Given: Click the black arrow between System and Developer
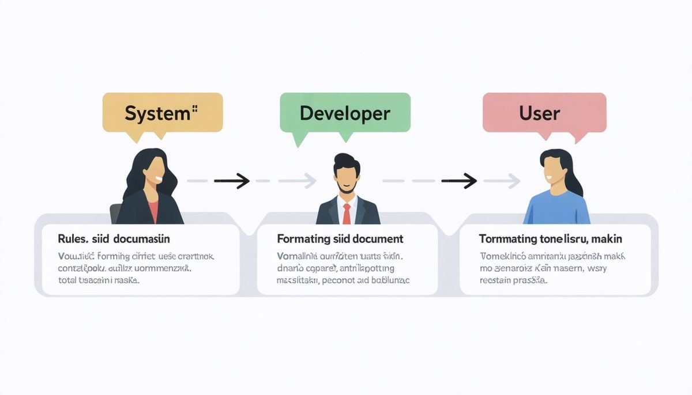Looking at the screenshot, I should click(x=232, y=181).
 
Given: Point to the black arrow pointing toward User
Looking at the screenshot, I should click(x=460, y=181).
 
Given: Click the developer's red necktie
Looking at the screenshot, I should click(x=346, y=213).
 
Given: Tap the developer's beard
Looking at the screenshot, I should click(x=346, y=187).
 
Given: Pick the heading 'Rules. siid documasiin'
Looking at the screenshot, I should click(x=114, y=238).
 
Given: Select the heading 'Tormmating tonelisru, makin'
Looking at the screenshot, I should click(x=550, y=238).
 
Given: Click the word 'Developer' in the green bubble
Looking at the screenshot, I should click(x=345, y=113).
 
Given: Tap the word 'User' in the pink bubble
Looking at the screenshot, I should click(x=539, y=113).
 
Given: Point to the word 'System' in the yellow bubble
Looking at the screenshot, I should click(x=157, y=113).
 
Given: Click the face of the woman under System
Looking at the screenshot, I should click(x=155, y=170).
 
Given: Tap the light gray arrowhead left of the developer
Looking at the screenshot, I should click(x=310, y=181).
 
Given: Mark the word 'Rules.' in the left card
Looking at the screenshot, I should click(x=72, y=238).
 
